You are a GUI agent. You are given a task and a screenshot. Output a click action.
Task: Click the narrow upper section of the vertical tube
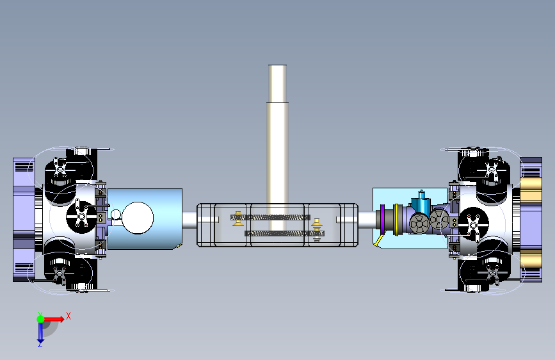[278, 84]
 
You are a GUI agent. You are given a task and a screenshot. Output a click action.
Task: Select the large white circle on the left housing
[138, 218]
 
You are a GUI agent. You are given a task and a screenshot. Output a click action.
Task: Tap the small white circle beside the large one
[116, 215]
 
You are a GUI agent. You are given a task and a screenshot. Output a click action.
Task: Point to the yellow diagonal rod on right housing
[379, 240]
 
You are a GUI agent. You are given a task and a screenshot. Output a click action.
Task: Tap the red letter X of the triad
[68, 316]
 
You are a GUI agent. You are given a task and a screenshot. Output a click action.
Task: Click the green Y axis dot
[41, 319]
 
